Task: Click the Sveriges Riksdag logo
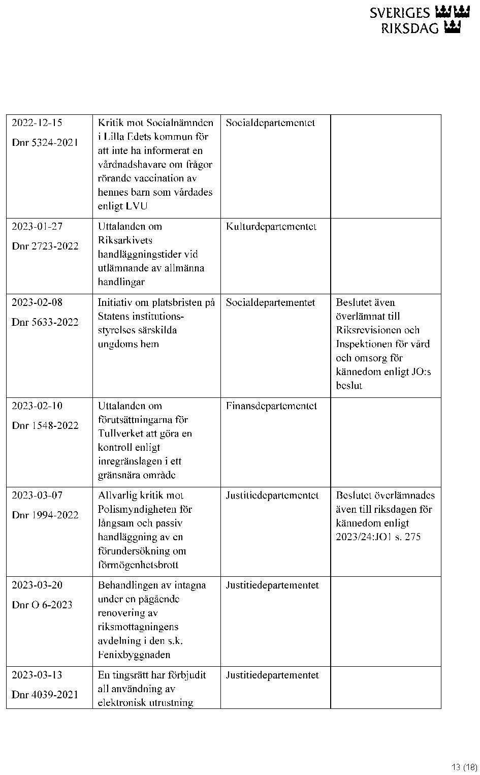click(419, 20)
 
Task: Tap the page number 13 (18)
click(464, 767)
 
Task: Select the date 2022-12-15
click(37, 123)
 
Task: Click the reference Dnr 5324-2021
click(45, 143)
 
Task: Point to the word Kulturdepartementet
click(271, 227)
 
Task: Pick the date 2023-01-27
click(37, 227)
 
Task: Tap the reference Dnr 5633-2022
click(45, 322)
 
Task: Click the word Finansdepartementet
click(271, 406)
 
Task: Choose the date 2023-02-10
click(37, 406)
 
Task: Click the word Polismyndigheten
click(145, 510)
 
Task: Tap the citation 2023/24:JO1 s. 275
click(378, 537)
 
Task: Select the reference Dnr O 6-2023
click(42, 605)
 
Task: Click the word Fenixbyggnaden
click(134, 655)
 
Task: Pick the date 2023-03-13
click(37, 675)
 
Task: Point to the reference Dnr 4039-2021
click(45, 695)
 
